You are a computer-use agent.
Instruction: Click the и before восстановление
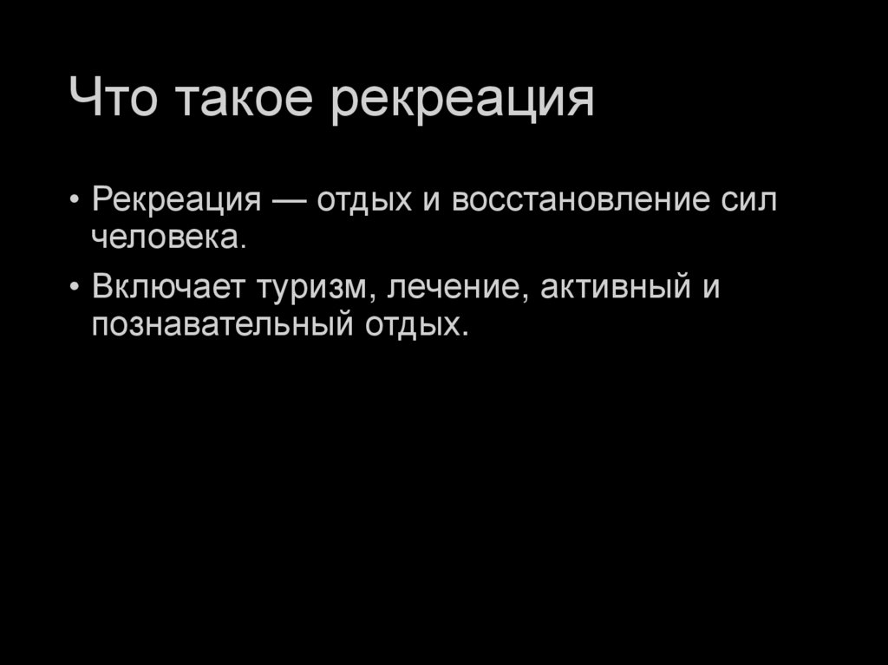pos(430,201)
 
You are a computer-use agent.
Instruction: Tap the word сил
pos(748,200)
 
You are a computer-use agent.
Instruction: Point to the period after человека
pos(244,246)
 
